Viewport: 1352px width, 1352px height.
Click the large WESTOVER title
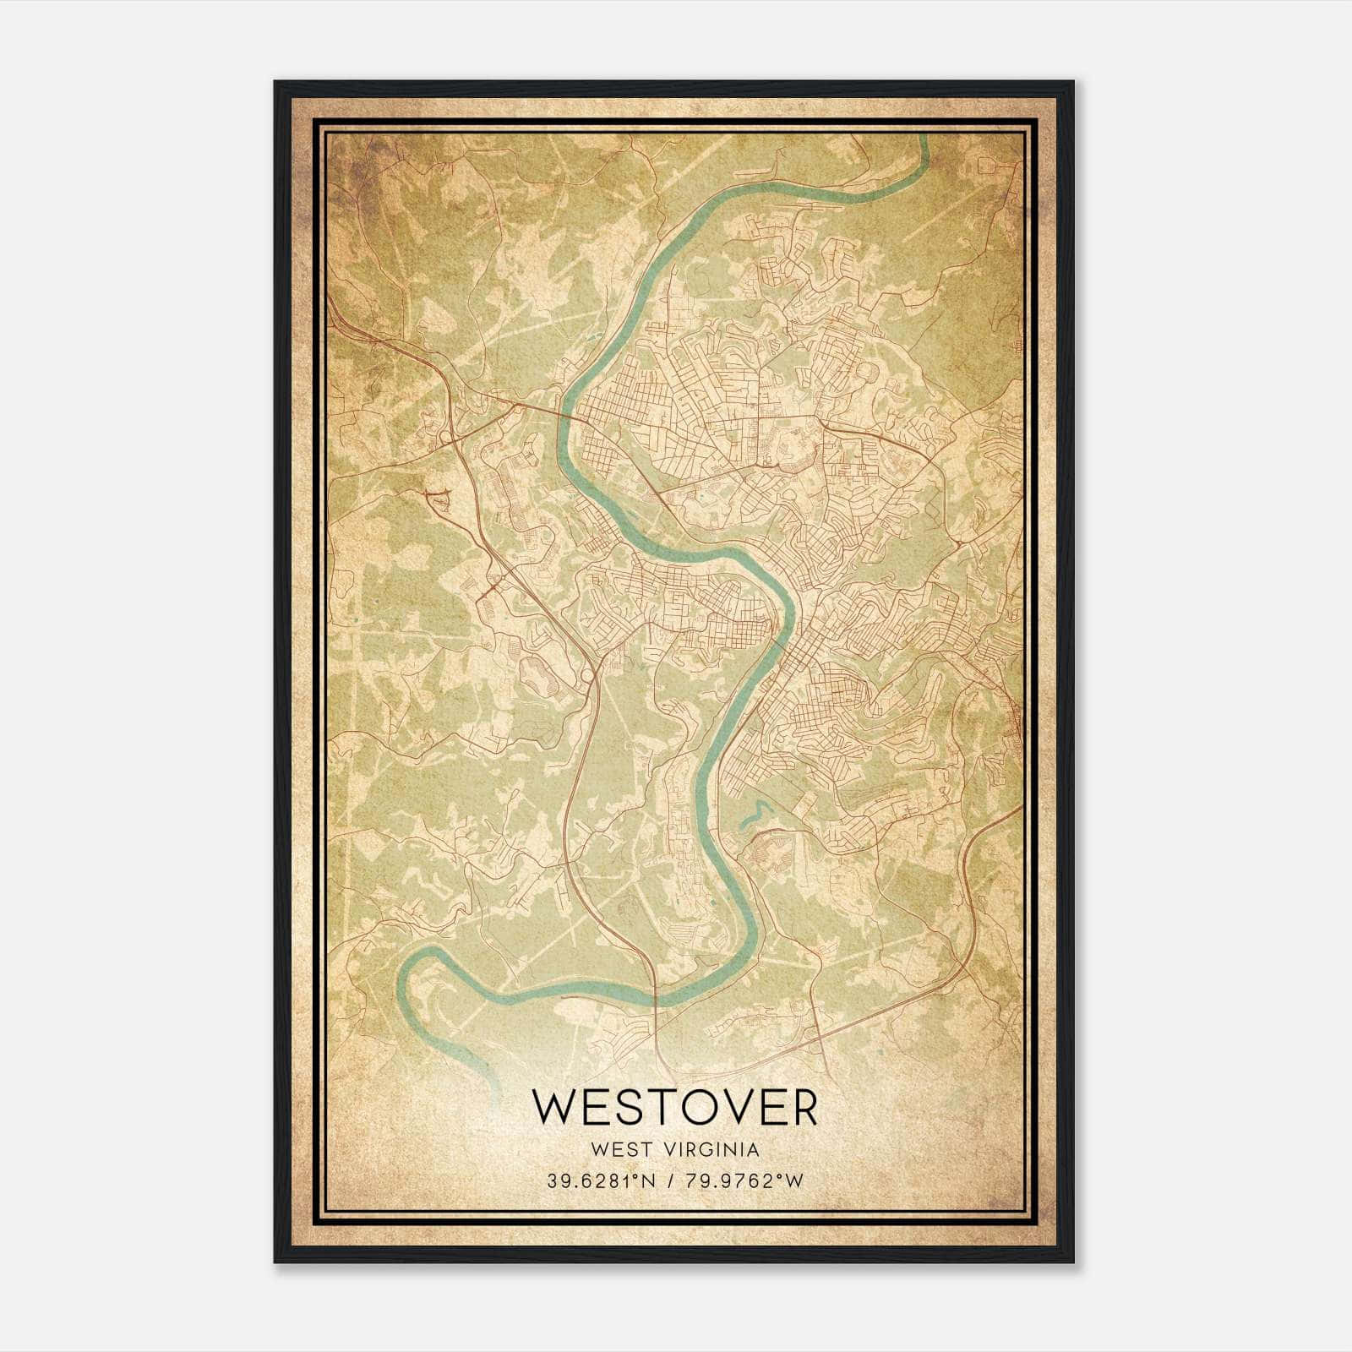pos(675,1108)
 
